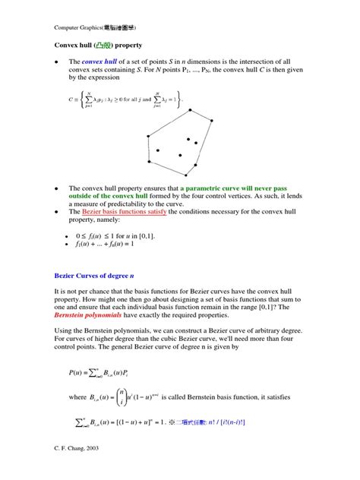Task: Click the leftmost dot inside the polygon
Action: (x=158, y=150)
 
